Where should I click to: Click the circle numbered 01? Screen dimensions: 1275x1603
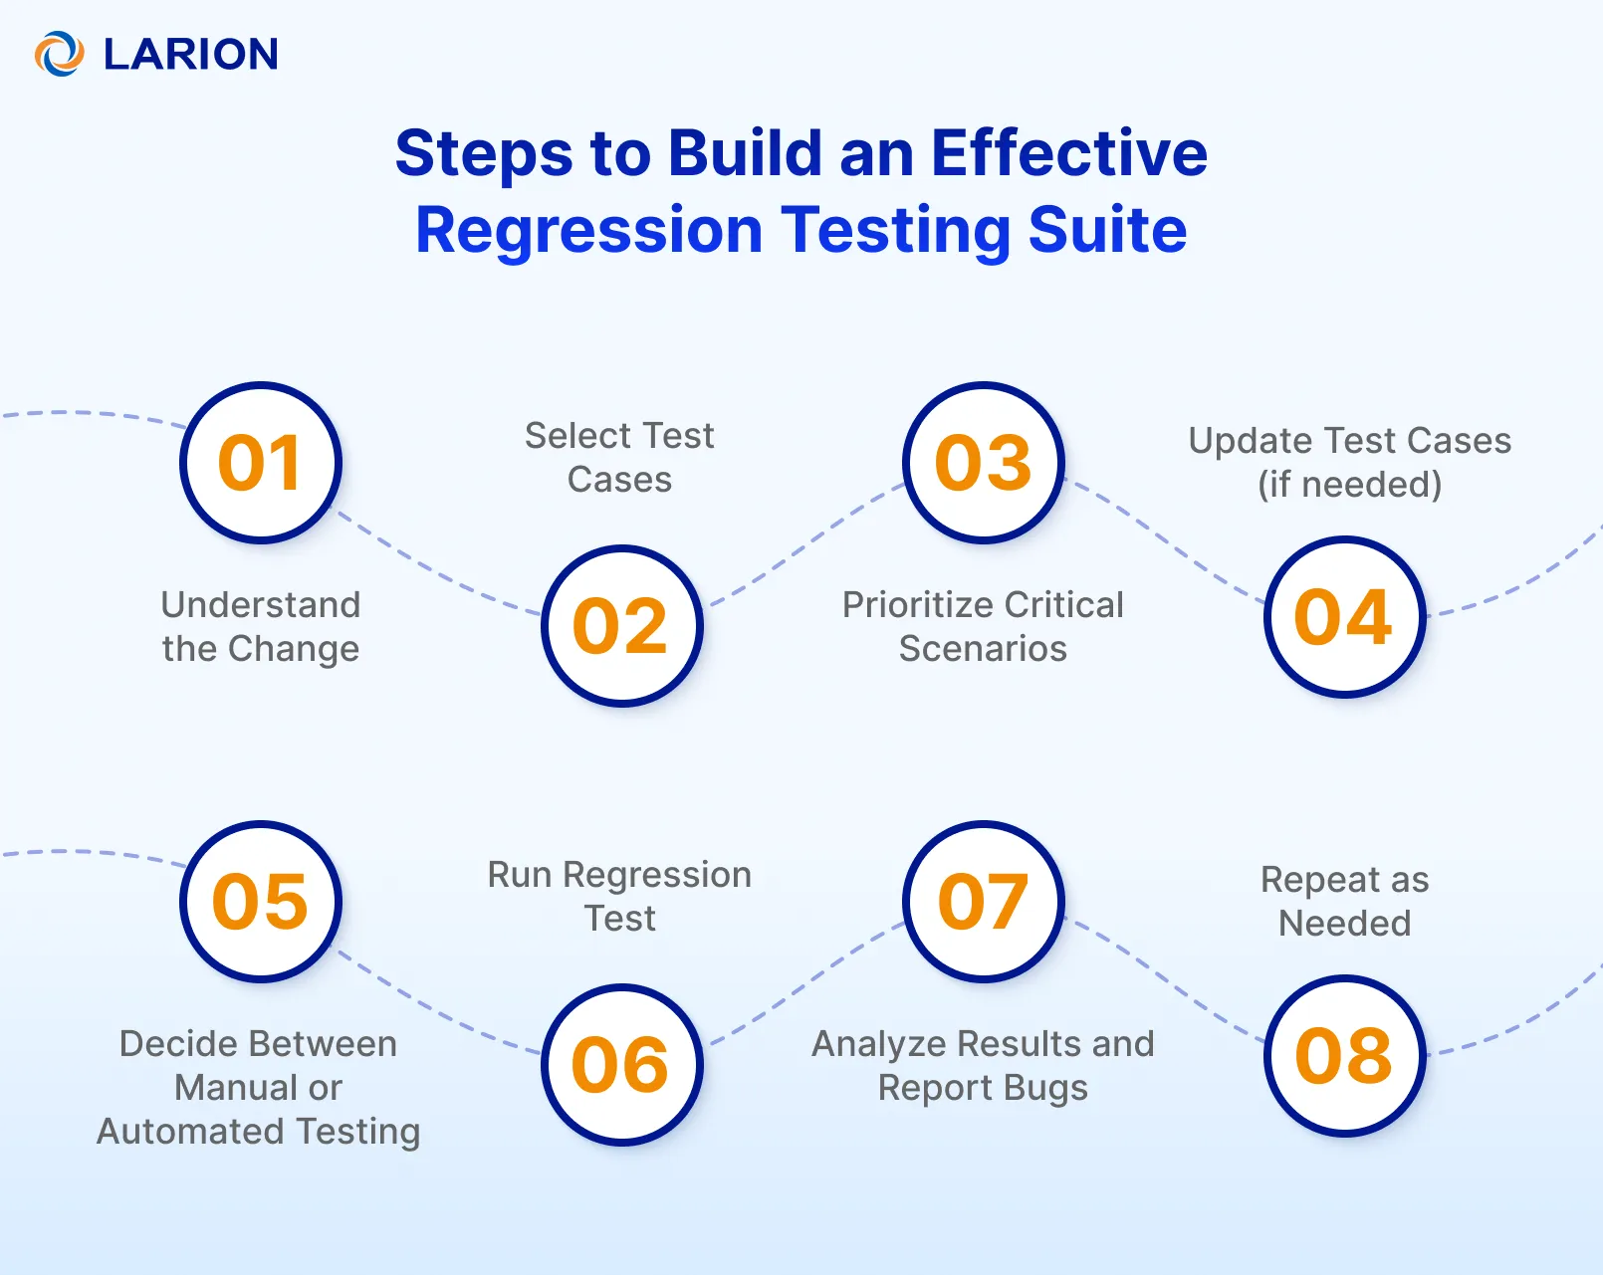261,463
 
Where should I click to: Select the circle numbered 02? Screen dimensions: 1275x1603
622,626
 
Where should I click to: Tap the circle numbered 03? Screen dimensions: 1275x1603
984,463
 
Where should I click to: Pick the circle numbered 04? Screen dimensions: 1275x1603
1344,617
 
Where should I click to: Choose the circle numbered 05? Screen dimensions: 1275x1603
261,902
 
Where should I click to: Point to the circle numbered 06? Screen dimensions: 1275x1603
622,1065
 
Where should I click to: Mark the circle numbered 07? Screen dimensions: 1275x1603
984,902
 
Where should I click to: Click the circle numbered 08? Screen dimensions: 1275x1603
1344,1056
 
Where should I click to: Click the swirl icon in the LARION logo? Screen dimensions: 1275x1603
60,54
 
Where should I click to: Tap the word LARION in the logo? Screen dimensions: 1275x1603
191,55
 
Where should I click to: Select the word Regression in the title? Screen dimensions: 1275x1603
588,231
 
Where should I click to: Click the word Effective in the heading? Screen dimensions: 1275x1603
1068,153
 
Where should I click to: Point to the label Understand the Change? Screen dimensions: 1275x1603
261,627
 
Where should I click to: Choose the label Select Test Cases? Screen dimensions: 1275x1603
619,458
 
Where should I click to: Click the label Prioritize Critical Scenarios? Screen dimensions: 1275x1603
983,627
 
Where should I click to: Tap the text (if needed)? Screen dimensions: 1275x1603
1349,485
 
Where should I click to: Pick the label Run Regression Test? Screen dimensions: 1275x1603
619,896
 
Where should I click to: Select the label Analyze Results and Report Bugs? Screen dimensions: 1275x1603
983,1066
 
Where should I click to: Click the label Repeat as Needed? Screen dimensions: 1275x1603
1344,902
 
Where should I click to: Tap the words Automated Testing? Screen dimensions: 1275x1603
259,1132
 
